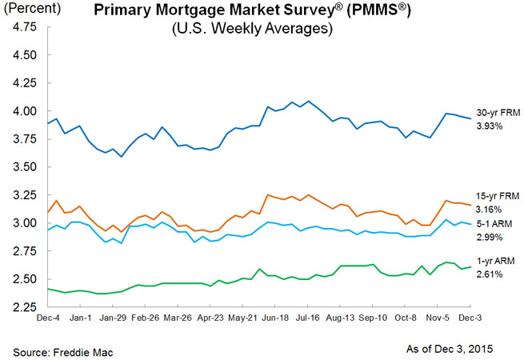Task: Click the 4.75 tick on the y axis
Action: click(25, 26)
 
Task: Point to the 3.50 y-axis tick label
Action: click(25, 168)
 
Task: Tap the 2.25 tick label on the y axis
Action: click(25, 307)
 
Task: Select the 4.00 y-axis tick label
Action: click(25, 112)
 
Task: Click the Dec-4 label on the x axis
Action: click(46, 318)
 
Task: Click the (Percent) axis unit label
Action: click(30, 10)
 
